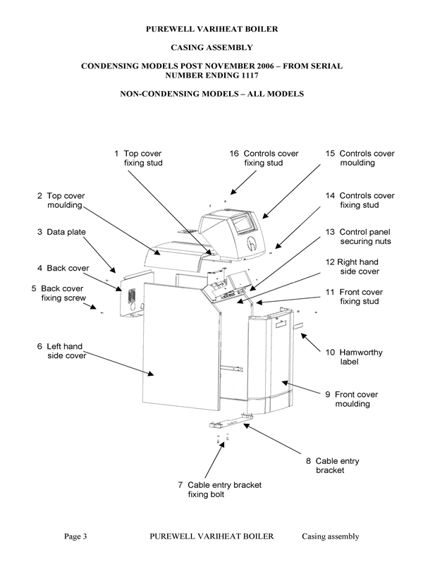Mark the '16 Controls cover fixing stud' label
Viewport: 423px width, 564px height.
(x=264, y=158)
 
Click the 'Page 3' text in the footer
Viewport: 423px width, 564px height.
(x=75, y=537)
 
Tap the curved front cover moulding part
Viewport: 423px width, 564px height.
(x=271, y=360)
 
